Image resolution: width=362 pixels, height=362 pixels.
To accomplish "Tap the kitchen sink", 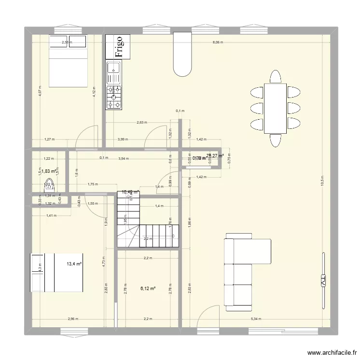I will coord(114,72).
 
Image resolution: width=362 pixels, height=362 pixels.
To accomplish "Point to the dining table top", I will coord(275,108).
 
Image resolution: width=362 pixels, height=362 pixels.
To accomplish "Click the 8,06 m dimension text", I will coord(219,42).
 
